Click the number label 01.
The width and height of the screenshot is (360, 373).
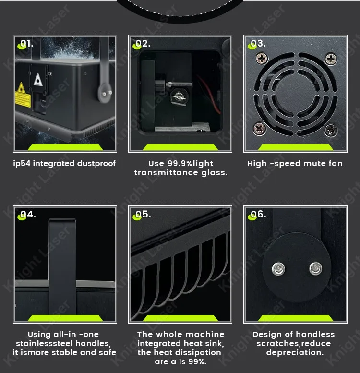point(26,43)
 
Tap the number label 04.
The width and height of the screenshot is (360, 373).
point(28,214)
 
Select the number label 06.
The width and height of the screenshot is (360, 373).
point(258,214)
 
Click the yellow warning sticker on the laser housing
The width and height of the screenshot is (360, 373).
point(23,96)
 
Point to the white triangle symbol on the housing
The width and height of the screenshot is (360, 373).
point(38,80)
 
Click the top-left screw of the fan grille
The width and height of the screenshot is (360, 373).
point(262,58)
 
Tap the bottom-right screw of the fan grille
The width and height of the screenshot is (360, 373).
point(331,130)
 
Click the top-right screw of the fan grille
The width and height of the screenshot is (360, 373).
point(331,59)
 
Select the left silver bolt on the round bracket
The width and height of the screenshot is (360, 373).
point(278,269)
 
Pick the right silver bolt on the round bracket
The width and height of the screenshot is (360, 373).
point(316,268)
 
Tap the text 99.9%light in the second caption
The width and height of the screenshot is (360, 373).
point(190,163)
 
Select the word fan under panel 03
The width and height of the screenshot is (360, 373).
point(336,163)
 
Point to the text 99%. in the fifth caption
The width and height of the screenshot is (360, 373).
point(197,362)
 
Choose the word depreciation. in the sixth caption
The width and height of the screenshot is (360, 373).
point(295,352)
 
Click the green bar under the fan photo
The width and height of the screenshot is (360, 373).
point(296,147)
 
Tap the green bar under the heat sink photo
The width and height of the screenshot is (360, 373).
point(180,318)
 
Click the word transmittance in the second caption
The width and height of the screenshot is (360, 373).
point(166,173)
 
